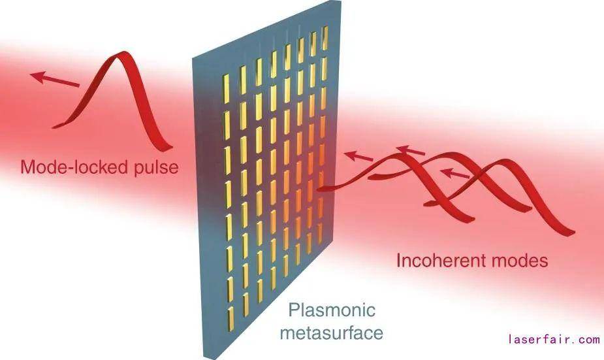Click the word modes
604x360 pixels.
[x=515, y=261]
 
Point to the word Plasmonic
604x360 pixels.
[x=332, y=310]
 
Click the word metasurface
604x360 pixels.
[x=331, y=333]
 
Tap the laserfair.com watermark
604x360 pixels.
[x=554, y=339]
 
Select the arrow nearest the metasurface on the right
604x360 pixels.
[x=358, y=156]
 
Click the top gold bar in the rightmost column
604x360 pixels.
[x=325, y=38]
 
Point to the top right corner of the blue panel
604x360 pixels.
[x=341, y=1]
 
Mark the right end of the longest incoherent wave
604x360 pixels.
[x=573, y=232]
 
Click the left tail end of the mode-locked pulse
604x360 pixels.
[x=55, y=126]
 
